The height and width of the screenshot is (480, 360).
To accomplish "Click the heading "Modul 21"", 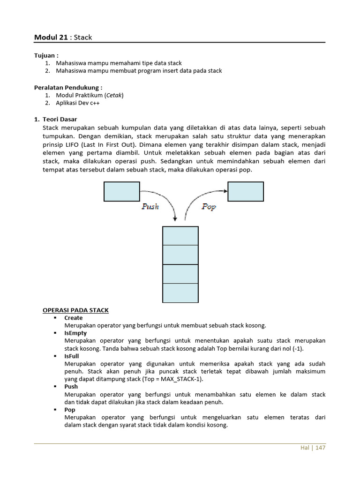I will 51,37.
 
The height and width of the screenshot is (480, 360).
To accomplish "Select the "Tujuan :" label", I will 46,55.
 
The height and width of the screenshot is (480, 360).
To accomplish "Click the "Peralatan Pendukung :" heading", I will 68,87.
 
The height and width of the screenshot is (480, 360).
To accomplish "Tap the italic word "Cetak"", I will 114,95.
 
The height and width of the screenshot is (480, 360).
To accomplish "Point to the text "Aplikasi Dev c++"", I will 78,103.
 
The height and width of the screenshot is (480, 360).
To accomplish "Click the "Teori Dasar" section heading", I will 60,120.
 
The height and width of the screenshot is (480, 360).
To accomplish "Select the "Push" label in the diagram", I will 150,206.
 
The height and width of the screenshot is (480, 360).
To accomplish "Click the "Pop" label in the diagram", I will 209,206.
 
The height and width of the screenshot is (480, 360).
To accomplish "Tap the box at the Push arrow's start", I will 121,191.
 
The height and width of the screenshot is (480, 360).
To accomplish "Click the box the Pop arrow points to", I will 246,191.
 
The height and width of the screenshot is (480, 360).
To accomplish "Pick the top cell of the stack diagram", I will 180,236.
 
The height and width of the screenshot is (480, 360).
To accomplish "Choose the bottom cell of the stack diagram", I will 180,293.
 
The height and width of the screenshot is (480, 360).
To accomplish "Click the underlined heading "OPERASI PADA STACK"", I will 75,310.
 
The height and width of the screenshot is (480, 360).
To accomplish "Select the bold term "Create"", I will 73,318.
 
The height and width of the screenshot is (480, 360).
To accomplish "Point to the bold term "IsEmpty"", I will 75,333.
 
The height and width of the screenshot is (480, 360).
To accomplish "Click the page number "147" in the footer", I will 320,448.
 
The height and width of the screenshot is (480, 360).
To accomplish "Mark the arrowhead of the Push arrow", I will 175,218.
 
